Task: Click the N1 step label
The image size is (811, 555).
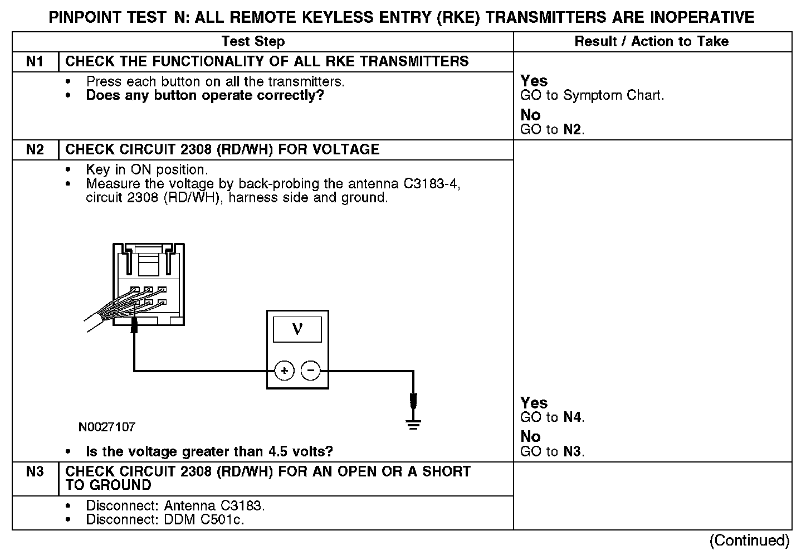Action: coord(35,61)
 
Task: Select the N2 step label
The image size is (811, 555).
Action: coord(35,149)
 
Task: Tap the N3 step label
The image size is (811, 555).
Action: coord(35,471)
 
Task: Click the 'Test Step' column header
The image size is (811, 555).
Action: coord(253,41)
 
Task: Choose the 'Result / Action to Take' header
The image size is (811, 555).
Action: coord(651,41)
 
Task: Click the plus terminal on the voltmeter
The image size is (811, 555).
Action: coord(284,371)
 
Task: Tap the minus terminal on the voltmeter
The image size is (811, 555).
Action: coord(311,371)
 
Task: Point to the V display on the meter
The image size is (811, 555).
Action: coord(297,329)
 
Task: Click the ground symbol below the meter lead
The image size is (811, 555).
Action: coord(413,425)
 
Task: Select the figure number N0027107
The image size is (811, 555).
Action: coord(106,427)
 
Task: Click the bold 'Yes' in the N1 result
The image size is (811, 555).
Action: coord(534,81)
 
